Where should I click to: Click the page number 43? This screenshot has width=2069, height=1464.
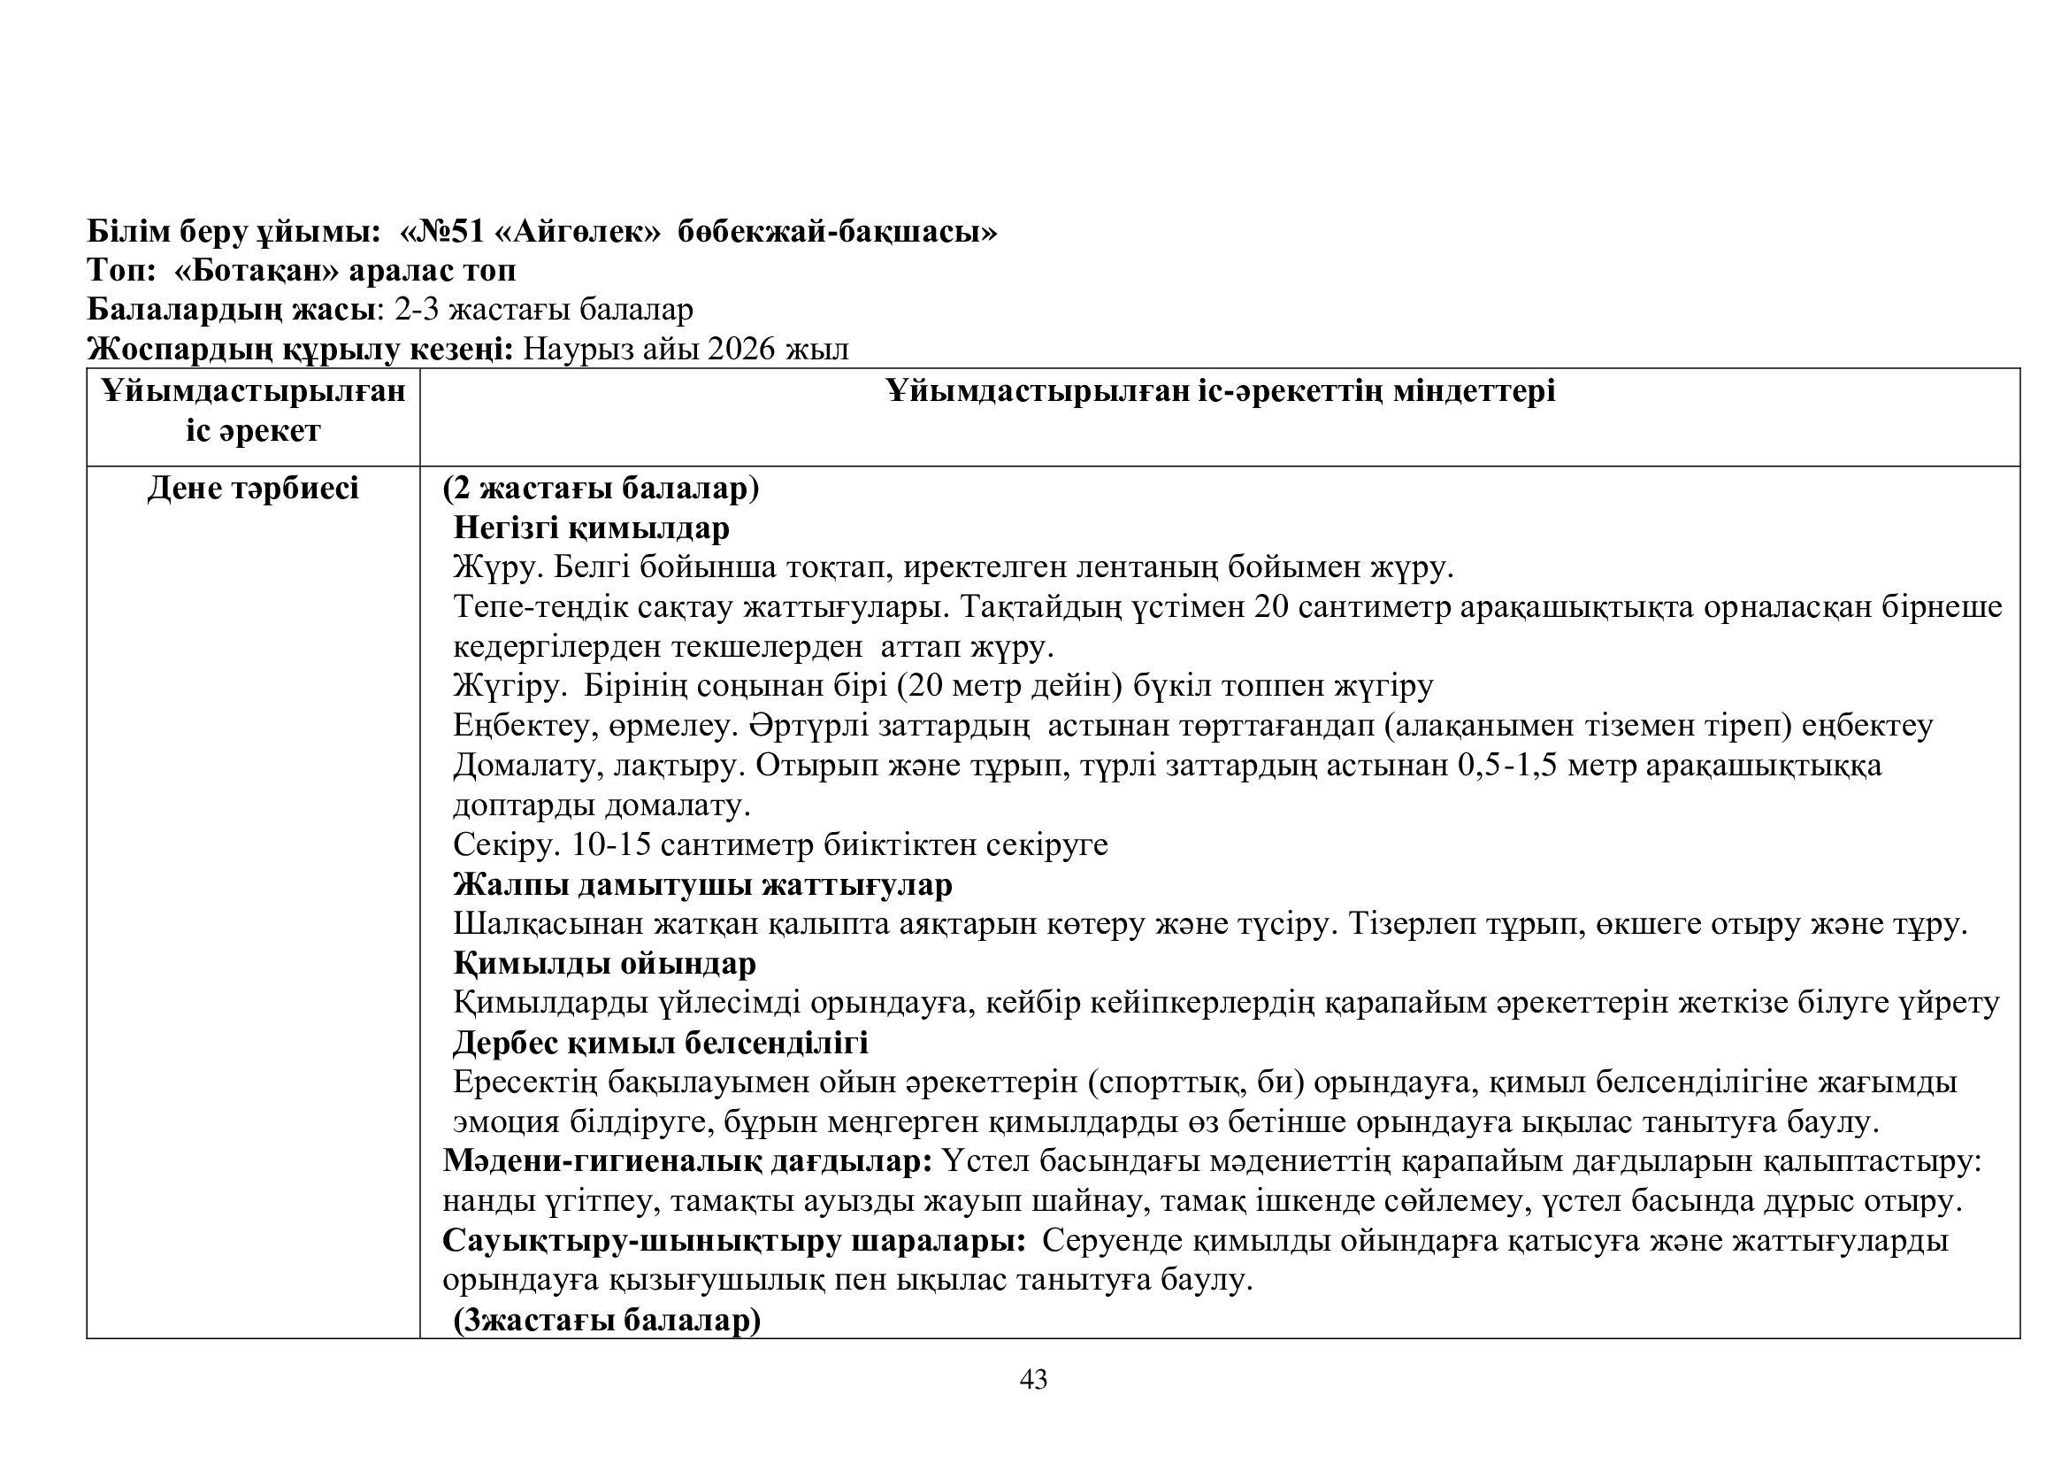coord(1033,1379)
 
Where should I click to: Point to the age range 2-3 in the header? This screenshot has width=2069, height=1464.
coord(417,309)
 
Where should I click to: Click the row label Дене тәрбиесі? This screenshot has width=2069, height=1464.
coord(253,489)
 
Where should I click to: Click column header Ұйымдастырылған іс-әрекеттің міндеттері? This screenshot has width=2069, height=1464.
coord(1220,391)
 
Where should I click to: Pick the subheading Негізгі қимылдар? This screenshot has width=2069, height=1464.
coord(591,528)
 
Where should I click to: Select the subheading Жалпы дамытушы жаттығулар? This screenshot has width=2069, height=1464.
coord(703,884)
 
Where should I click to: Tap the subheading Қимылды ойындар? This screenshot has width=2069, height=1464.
coord(605,964)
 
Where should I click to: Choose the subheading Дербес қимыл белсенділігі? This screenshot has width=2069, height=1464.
coord(661,1042)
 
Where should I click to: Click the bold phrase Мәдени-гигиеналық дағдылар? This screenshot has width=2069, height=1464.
coord(687,1161)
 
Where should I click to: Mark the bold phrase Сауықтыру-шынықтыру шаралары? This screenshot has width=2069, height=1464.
coord(734,1240)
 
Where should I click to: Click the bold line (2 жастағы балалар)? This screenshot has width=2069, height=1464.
coord(601,489)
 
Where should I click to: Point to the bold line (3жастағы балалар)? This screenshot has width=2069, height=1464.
coord(608,1320)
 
